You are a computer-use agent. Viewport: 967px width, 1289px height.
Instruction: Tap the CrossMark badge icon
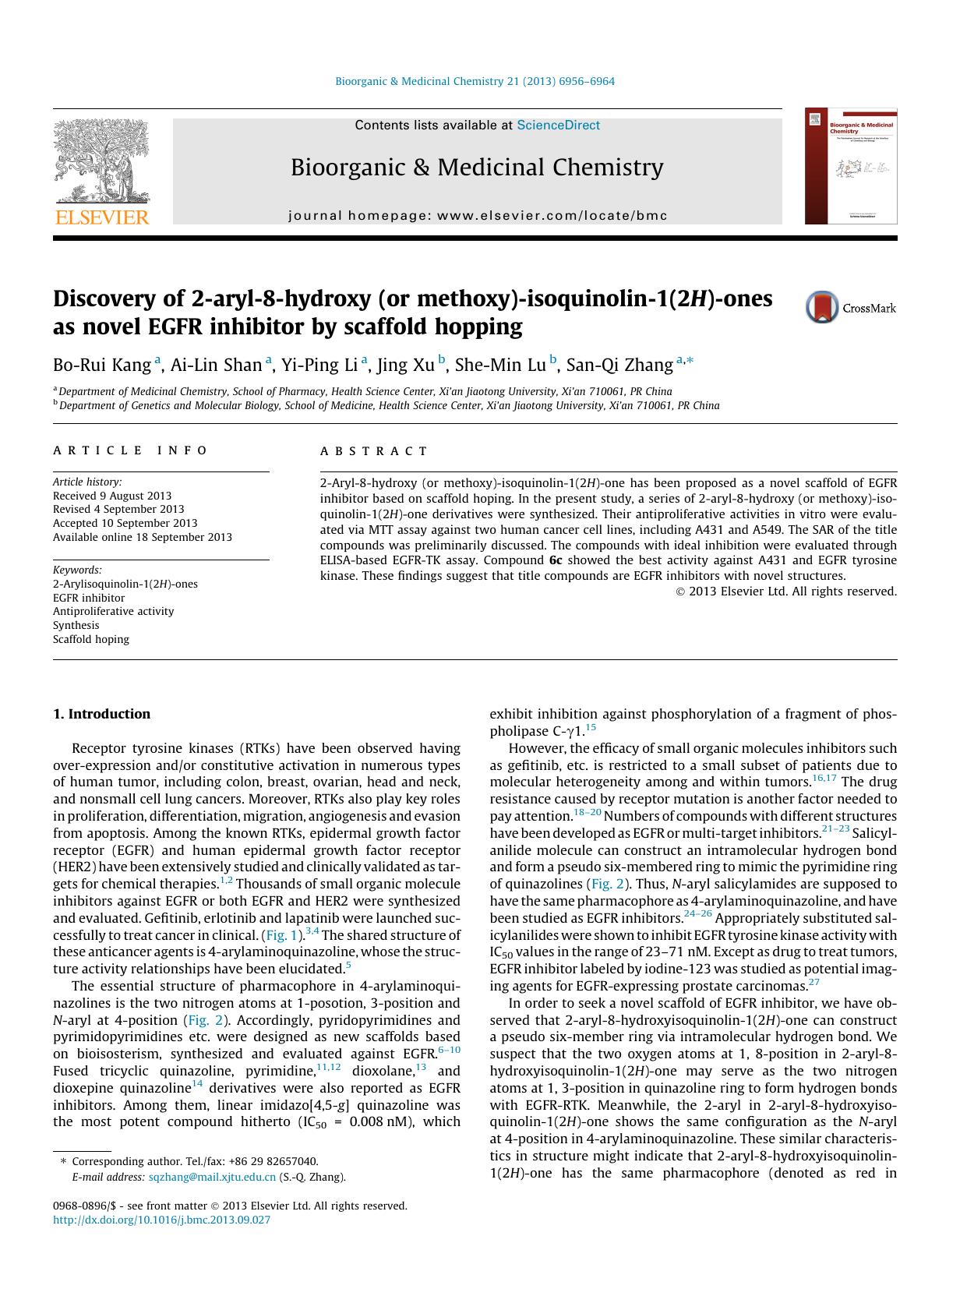[821, 307]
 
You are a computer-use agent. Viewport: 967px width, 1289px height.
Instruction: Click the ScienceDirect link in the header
[558, 125]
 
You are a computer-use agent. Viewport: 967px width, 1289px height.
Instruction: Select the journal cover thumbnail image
[851, 167]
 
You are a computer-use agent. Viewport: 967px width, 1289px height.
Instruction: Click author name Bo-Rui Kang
[102, 365]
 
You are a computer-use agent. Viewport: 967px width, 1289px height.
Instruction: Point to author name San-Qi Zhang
[619, 365]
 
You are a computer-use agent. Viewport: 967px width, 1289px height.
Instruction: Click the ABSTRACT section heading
[374, 451]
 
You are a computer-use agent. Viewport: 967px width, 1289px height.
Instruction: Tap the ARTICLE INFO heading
[130, 450]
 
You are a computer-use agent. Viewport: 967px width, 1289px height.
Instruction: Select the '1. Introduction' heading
[101, 714]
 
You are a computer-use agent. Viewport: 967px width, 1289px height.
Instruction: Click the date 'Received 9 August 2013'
[112, 496]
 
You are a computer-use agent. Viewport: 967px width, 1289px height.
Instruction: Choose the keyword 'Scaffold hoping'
[91, 639]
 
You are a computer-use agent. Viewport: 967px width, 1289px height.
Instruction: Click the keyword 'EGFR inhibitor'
[89, 598]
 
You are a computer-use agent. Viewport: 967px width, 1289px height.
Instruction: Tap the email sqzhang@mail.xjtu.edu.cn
[212, 1178]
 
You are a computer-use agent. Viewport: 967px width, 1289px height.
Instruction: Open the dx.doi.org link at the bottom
[161, 1220]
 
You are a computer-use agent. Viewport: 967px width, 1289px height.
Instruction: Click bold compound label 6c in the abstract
[555, 560]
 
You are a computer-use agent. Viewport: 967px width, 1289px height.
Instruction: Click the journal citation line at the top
[475, 81]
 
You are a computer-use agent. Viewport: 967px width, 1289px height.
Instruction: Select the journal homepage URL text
[478, 216]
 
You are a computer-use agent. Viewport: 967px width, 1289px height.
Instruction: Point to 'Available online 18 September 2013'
[143, 537]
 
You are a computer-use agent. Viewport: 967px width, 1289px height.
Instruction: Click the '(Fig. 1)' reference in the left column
[281, 935]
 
